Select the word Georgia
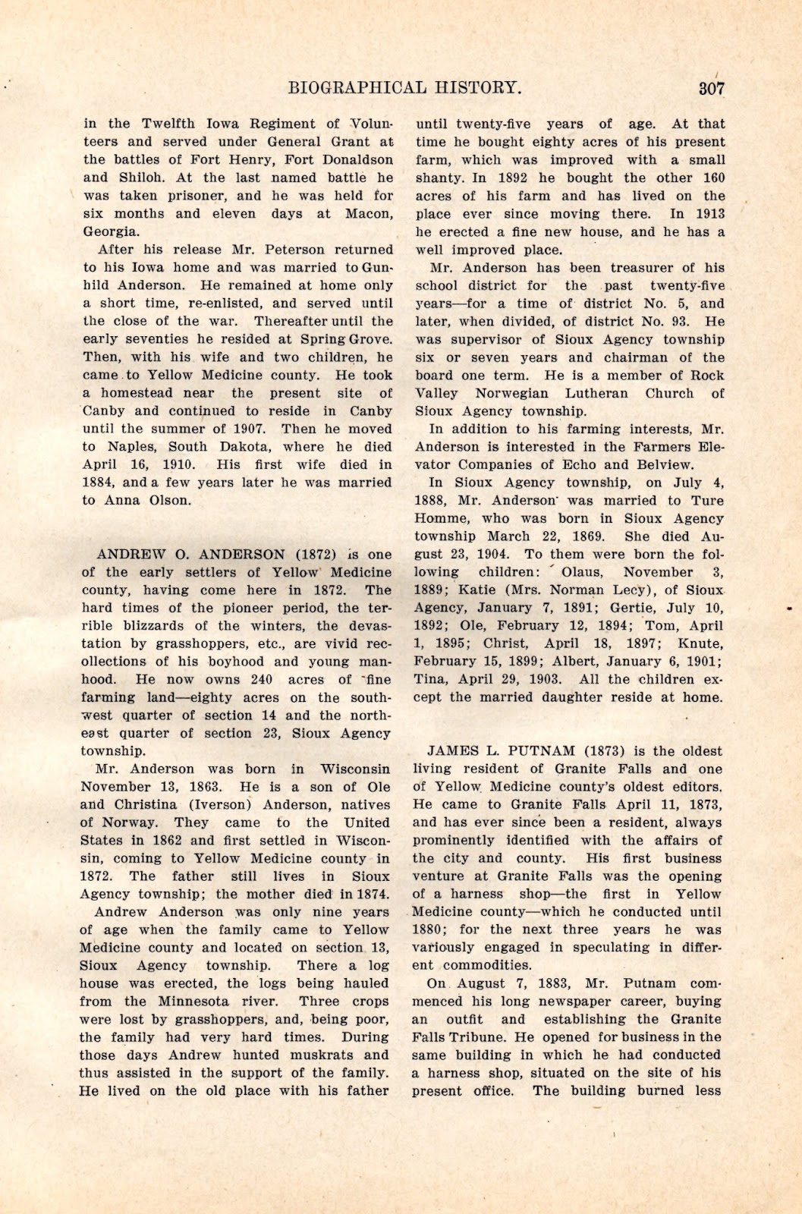[x=111, y=231]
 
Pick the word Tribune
[x=476, y=1037]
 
